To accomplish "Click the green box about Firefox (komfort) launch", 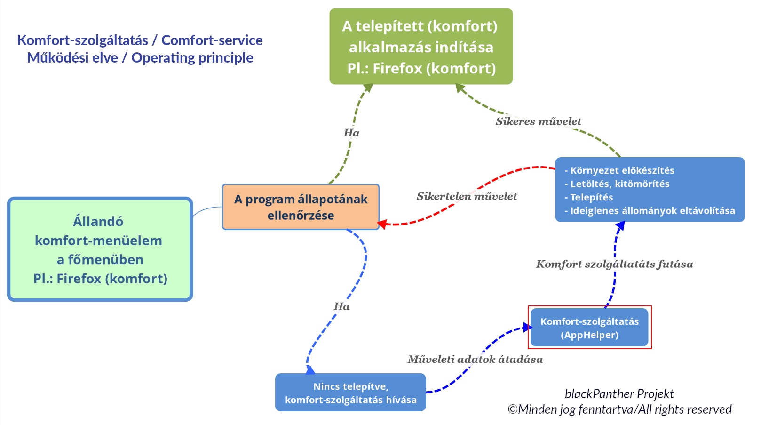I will click(x=421, y=47).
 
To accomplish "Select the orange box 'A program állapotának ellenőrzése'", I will click(x=301, y=207).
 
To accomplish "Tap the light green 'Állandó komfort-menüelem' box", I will click(x=100, y=249).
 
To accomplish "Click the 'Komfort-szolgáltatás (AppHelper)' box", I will click(x=589, y=328).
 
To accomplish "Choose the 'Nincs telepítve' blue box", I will click(x=350, y=393).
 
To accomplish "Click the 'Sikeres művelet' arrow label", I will click(x=538, y=121).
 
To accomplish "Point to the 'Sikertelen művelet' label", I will click(x=467, y=196).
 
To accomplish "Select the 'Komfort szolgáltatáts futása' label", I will click(x=614, y=264).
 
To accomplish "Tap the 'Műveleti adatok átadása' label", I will click(x=475, y=360).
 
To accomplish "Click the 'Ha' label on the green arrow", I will click(x=351, y=133).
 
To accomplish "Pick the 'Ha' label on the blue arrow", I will click(x=341, y=306).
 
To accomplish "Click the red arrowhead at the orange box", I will click(x=382, y=224).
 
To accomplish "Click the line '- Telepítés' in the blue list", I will click(x=591, y=197).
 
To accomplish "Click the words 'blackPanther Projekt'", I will click(x=619, y=394).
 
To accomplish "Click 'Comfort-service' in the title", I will click(x=212, y=40).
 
